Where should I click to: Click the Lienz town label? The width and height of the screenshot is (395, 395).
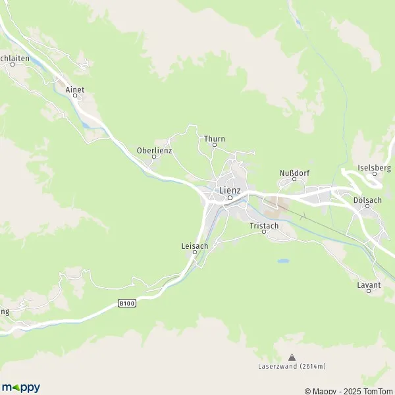230,190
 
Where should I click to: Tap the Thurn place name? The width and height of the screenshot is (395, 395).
215,139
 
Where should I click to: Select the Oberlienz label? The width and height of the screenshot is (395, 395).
154,150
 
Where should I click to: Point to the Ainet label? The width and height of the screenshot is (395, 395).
75,89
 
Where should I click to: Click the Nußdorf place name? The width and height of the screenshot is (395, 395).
294,173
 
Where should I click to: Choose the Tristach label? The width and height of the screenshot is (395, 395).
264,226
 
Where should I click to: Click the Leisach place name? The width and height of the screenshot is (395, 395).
195,246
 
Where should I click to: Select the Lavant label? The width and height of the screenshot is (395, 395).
368,284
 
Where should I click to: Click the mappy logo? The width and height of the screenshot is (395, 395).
21,387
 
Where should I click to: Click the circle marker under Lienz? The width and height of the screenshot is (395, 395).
230,197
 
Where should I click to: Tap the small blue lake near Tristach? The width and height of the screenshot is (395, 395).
283,261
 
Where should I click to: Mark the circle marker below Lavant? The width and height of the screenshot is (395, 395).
368,291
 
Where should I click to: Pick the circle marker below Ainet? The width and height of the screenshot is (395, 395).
75,95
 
